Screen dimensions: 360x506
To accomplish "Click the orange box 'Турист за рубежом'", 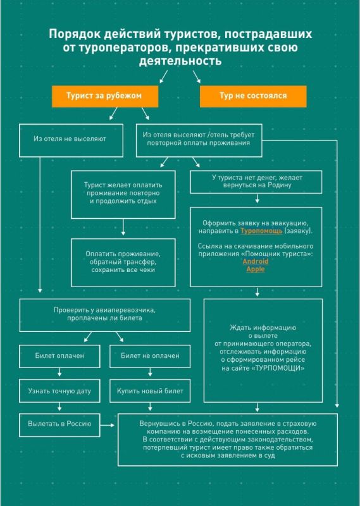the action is [105, 96].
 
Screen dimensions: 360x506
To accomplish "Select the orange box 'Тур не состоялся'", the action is [253, 96].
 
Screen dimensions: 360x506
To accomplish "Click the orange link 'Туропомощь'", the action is [261, 231].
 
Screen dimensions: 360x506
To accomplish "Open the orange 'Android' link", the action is [256, 261].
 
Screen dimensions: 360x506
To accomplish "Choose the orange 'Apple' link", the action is [256, 269].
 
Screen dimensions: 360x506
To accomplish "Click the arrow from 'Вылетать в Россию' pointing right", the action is [107, 425].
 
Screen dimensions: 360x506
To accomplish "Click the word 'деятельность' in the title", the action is [180, 61].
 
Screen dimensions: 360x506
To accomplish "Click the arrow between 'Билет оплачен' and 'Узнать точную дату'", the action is [59, 372].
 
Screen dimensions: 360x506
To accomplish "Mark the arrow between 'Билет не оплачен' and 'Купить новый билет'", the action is [150, 372].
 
